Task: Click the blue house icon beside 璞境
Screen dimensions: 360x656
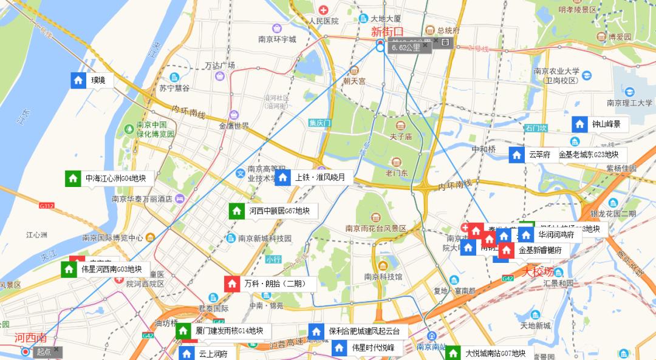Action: point(78,80)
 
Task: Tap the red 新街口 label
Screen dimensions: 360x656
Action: point(387,32)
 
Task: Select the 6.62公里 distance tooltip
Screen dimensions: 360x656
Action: point(406,47)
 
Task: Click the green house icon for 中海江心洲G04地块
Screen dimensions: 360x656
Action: point(73,178)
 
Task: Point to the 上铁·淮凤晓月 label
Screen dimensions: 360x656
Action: point(319,178)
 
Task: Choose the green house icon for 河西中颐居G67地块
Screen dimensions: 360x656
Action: point(236,211)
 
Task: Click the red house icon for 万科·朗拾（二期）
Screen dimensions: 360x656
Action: point(232,284)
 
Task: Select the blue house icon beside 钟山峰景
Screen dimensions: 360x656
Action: point(579,124)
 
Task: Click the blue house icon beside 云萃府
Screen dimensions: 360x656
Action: point(516,155)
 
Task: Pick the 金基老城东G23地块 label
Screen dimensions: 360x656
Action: point(588,155)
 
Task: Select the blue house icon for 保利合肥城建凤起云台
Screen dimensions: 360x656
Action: point(316,331)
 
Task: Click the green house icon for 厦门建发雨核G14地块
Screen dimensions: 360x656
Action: point(183,331)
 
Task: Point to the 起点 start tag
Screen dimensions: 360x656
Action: point(44,352)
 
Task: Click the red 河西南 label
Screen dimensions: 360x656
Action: point(30,338)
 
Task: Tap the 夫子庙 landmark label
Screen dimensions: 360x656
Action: point(400,137)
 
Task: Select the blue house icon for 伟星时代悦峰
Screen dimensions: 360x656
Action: point(339,348)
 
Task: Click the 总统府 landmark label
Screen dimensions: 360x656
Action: point(447,30)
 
